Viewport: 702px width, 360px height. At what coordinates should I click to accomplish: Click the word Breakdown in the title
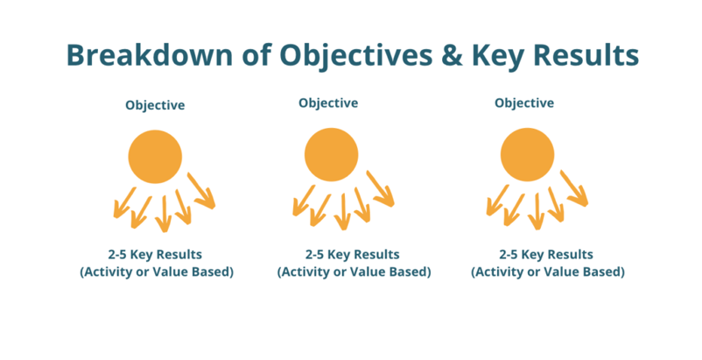coord(150,54)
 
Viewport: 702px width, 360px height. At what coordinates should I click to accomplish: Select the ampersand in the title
coord(453,55)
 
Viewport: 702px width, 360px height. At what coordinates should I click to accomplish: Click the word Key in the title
coord(498,57)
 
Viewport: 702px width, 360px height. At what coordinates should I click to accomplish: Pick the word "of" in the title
coord(256,54)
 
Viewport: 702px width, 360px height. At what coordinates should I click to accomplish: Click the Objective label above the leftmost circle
coord(155,106)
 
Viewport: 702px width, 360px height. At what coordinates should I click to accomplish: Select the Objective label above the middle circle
coord(328,103)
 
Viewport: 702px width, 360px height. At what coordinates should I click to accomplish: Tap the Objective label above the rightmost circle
coord(524,103)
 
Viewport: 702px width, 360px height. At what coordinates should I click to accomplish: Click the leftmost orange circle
coord(155,157)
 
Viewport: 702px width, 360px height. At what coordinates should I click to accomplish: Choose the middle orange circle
coord(331,154)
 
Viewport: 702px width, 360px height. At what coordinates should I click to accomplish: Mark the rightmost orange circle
coord(528,154)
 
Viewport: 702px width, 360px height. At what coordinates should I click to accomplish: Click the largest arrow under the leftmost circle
coord(201,191)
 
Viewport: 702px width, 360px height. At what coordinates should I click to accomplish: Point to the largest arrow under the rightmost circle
coord(574,188)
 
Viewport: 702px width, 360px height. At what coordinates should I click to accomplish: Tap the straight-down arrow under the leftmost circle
coord(164,215)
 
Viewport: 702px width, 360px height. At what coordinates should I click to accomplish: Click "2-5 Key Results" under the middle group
coord(353,255)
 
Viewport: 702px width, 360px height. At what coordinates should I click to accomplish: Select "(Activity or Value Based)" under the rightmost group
coord(548,272)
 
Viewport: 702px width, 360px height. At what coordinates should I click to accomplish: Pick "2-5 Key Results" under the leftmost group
coord(155,255)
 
